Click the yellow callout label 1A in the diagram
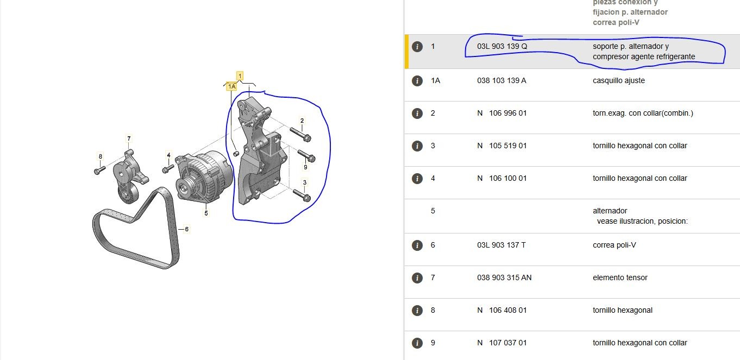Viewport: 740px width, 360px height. point(231,86)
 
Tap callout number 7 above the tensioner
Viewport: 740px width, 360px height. point(129,138)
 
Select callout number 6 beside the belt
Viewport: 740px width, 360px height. point(187,229)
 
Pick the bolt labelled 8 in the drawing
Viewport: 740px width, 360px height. point(99,170)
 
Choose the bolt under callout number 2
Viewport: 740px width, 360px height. point(300,135)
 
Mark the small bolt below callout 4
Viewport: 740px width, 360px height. point(168,169)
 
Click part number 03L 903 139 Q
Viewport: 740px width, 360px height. point(502,46)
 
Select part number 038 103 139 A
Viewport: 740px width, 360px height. point(501,80)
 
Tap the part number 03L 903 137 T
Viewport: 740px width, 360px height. point(501,245)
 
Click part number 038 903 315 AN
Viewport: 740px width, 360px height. point(504,278)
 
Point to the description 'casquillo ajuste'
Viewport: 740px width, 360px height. point(618,80)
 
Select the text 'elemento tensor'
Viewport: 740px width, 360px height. point(620,278)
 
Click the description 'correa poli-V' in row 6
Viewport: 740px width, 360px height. point(614,245)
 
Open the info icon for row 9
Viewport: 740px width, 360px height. point(417,343)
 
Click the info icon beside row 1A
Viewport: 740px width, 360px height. point(417,80)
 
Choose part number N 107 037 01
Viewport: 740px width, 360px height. point(502,343)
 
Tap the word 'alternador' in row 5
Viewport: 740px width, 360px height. point(610,211)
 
